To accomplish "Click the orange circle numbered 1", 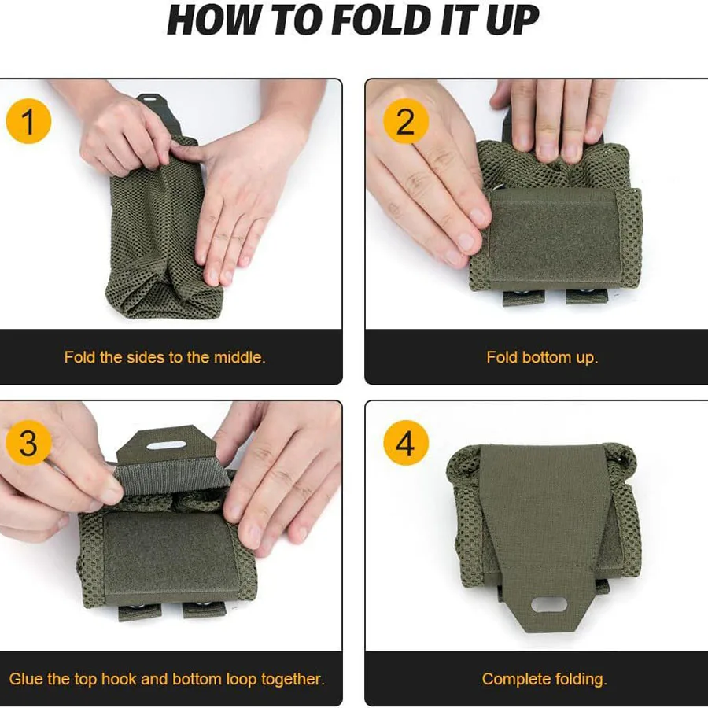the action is [x=28, y=121].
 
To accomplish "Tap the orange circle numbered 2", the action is [x=405, y=121].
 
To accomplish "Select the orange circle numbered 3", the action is [x=28, y=442].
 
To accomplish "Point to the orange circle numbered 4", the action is [x=405, y=442].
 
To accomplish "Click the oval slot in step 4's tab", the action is [x=549, y=605].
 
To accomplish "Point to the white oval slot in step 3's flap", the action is [x=166, y=445].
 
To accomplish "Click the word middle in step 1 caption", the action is [x=238, y=357].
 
